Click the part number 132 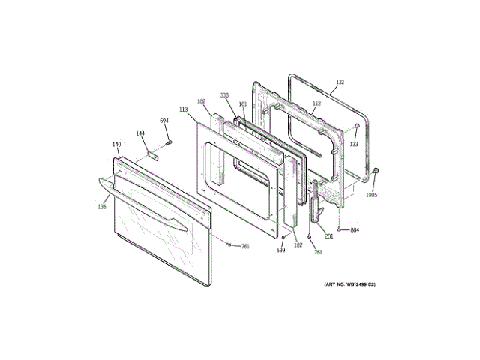point(340,82)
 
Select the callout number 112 point(316,103)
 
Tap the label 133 point(354,144)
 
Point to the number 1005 point(371,195)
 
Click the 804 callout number point(355,229)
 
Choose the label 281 point(328,237)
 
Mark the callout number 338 point(224,95)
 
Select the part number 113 point(183,109)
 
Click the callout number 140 point(116,144)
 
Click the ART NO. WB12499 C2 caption point(349,285)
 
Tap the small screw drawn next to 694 point(169,141)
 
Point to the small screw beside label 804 point(340,229)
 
